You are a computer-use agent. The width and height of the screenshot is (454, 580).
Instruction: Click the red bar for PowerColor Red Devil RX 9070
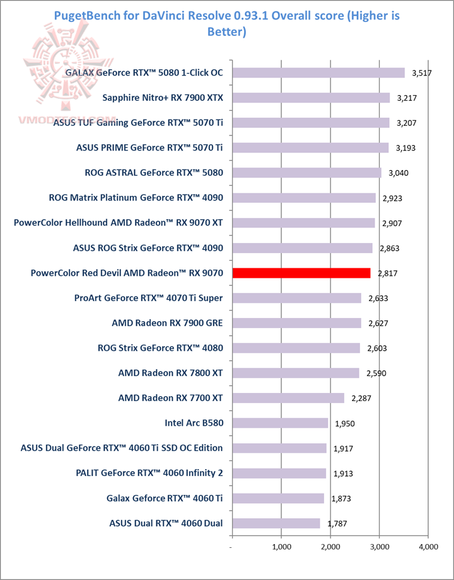pos(301,273)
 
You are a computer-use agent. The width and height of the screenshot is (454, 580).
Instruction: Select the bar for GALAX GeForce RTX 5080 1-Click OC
pos(318,73)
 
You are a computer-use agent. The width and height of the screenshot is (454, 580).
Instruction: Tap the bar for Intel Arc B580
pos(280,423)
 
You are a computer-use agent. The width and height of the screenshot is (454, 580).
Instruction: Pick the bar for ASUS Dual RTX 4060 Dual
pos(276,523)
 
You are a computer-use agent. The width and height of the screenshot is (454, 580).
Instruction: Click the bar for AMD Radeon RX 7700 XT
pos(288,398)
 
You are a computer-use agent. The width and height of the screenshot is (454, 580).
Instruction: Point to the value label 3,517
pos(421,74)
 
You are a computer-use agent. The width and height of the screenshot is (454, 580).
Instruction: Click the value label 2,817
pos(387,273)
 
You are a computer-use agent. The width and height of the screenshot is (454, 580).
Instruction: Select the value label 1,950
pos(345,423)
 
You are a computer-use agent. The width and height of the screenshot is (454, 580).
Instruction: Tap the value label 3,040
pos(398,173)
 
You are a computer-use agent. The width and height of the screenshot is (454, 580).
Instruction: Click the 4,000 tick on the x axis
pos(428,547)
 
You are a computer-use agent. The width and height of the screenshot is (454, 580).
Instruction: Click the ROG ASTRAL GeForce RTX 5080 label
pos(153,173)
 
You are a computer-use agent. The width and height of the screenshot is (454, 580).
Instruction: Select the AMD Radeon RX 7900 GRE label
pos(167,323)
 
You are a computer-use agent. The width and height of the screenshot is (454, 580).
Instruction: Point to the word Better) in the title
pos(226,30)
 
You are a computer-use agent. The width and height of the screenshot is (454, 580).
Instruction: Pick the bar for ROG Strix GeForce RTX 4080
pos(296,348)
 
